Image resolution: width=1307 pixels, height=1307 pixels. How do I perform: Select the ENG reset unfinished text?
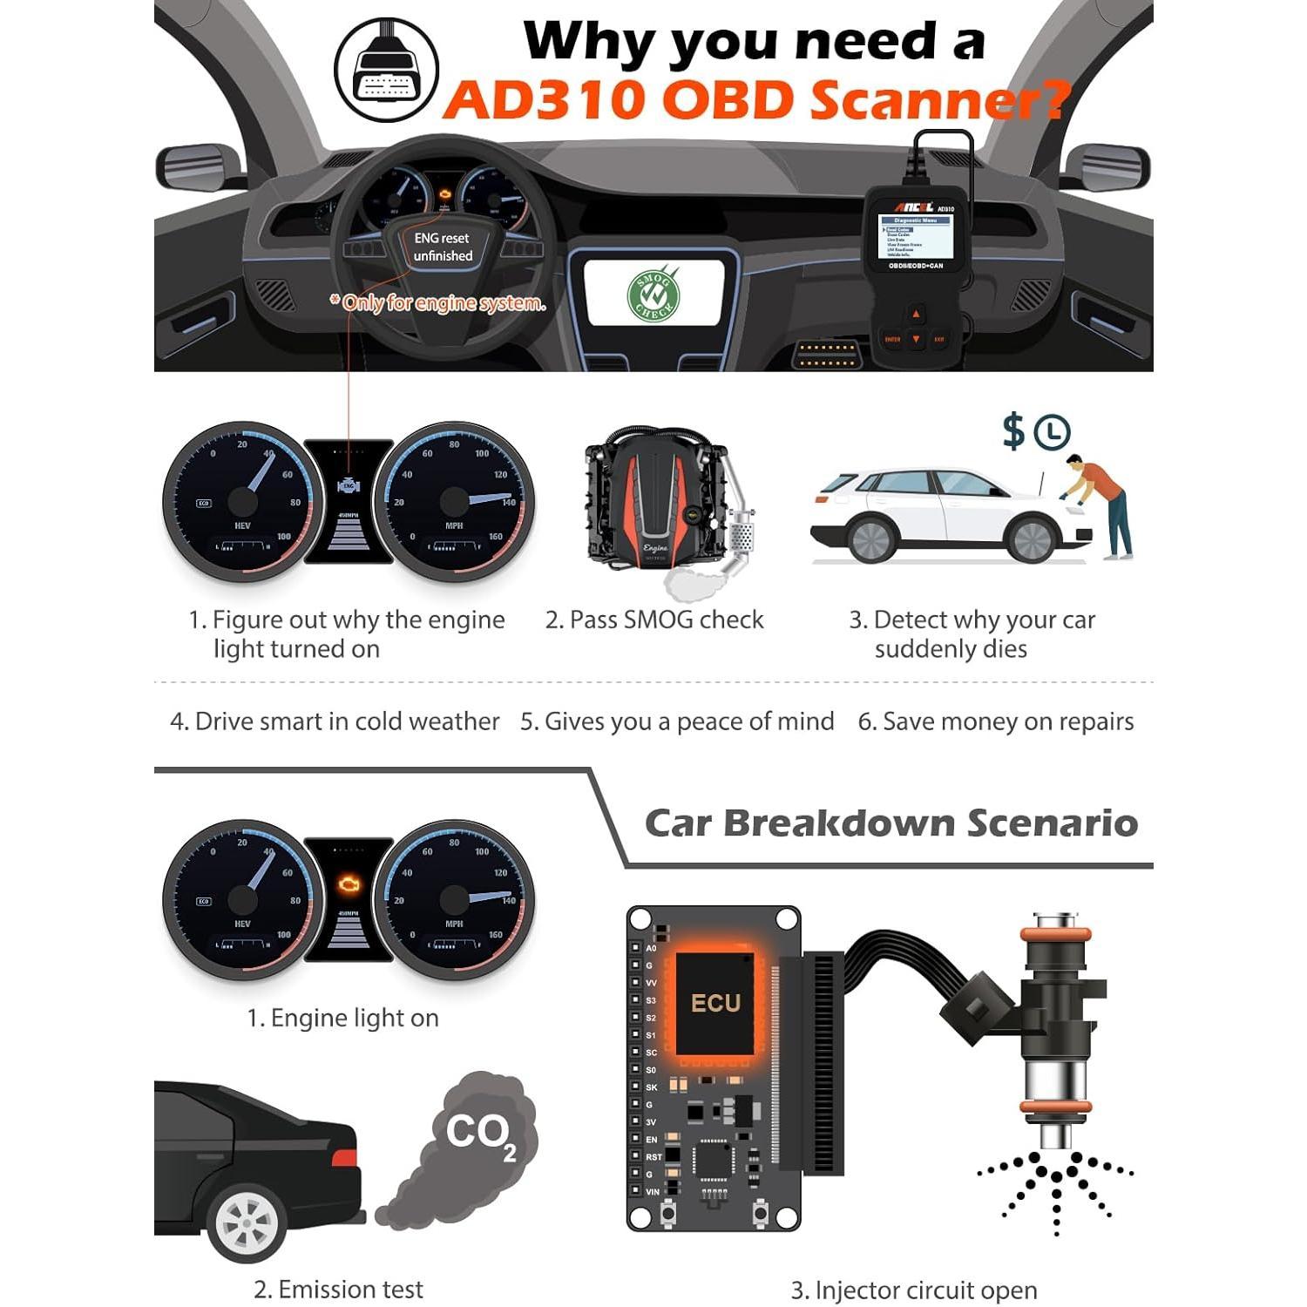coord(443,247)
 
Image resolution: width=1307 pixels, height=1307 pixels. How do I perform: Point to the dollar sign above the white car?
coord(1013,431)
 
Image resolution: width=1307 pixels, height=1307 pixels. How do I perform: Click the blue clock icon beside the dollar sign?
coord(1052,432)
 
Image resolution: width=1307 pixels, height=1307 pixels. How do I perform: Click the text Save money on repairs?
coord(996,721)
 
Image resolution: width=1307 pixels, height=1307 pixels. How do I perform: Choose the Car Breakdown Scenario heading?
coord(891,823)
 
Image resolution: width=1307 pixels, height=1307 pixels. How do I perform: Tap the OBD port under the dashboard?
coord(827,355)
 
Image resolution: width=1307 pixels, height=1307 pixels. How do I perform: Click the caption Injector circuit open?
coord(914,1290)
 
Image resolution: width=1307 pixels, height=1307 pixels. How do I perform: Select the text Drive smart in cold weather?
coord(335,721)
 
